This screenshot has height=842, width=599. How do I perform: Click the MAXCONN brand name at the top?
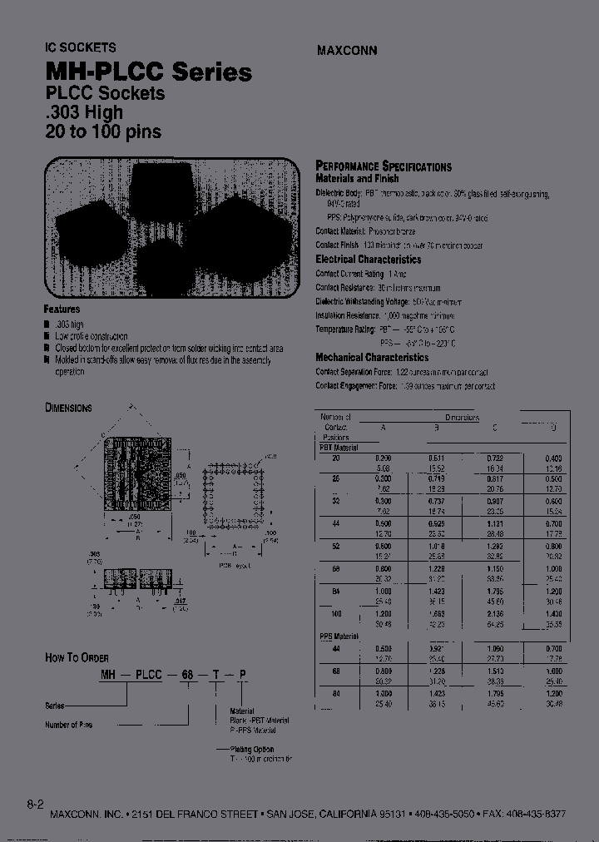tap(347, 50)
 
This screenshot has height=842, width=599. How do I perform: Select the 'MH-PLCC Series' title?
tap(147, 72)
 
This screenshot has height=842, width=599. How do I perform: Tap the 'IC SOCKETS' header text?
tap(80, 47)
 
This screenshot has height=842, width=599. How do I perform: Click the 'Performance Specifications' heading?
tap(384, 166)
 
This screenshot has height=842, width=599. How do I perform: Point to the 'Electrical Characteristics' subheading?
tap(368, 260)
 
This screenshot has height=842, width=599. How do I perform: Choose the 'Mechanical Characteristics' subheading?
tap(372, 358)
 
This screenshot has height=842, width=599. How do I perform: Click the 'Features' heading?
tap(62, 309)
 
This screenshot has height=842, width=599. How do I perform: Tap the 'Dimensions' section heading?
tap(68, 408)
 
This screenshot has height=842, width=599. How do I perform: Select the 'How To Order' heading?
tap(77, 657)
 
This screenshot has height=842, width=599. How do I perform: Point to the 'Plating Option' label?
tap(253, 749)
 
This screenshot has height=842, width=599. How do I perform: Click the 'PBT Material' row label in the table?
tap(339, 448)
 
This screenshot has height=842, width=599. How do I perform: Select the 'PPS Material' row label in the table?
tap(339, 636)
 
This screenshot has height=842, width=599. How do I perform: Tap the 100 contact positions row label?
tap(336, 612)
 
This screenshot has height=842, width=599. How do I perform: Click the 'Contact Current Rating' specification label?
tap(349, 273)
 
